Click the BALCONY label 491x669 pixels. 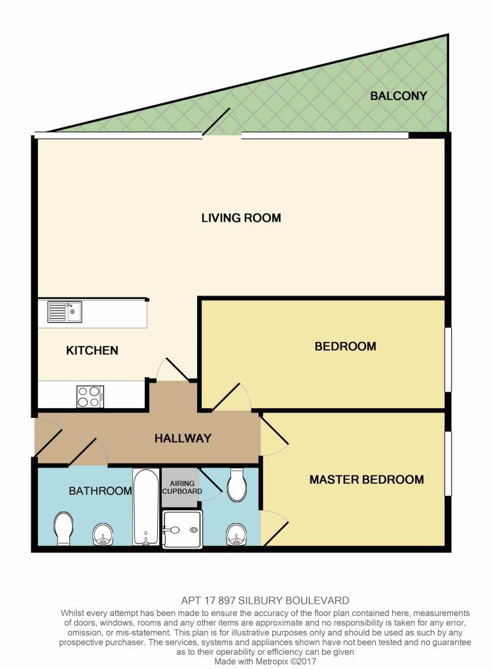[x=398, y=96]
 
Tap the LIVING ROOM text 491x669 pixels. [x=241, y=218]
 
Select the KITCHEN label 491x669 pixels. [x=92, y=351]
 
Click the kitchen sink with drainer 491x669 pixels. [x=64, y=311]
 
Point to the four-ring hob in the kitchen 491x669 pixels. [x=90, y=397]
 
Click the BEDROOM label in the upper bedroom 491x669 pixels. [x=346, y=346]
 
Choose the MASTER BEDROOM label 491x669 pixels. [x=367, y=479]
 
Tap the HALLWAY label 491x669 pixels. [x=183, y=438]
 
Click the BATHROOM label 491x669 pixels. [x=100, y=490]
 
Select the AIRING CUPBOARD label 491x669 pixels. [x=182, y=487]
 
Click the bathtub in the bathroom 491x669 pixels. [x=146, y=507]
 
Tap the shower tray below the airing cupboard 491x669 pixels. [x=182, y=530]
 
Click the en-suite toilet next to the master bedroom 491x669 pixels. [x=236, y=485]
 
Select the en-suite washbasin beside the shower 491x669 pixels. [x=236, y=534]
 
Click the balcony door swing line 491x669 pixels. [x=217, y=122]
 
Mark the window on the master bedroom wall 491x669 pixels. [x=448, y=464]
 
